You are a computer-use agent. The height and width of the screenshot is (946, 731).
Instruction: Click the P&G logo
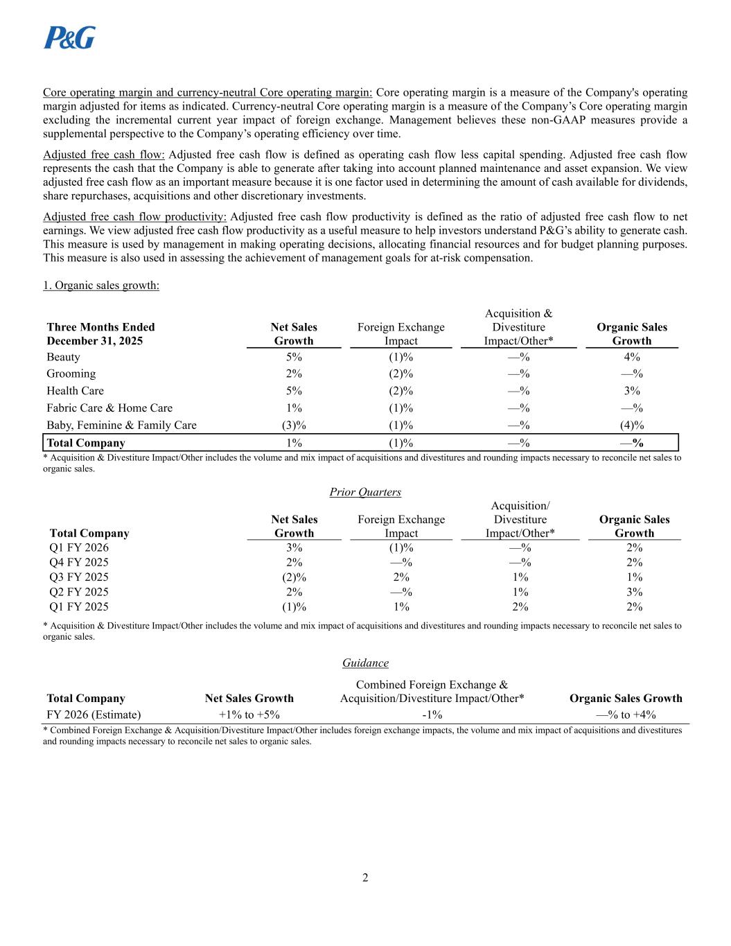69,37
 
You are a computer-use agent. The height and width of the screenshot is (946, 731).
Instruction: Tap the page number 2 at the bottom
365,877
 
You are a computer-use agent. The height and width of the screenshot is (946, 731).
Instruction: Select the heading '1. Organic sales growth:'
101,285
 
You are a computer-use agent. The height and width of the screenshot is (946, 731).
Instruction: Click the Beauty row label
63,357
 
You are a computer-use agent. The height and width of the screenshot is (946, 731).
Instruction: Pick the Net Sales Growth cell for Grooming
294,374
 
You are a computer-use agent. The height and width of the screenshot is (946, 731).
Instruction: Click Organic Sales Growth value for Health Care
631,391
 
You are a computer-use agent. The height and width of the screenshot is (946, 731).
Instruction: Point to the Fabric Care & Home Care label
109,408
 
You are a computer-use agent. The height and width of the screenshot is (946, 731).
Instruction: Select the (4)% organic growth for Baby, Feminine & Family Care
631,425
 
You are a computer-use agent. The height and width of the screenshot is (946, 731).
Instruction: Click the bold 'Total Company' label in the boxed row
86,443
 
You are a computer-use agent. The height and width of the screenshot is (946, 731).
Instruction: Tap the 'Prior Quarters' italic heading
365,492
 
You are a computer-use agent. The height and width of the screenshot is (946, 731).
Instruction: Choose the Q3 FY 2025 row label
79,577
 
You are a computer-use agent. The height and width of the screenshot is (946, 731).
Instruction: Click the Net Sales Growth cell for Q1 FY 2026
294,548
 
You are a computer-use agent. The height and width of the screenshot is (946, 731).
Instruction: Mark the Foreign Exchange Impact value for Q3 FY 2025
401,577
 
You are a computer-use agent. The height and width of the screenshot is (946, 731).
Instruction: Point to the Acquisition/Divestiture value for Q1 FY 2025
520,606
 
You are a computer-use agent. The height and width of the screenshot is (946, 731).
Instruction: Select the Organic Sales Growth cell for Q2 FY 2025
634,592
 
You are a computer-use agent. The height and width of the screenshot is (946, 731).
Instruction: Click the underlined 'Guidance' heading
365,663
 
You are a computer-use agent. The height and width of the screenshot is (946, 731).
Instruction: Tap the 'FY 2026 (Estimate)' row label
94,715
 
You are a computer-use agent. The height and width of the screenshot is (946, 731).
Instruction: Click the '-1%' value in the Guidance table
432,715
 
